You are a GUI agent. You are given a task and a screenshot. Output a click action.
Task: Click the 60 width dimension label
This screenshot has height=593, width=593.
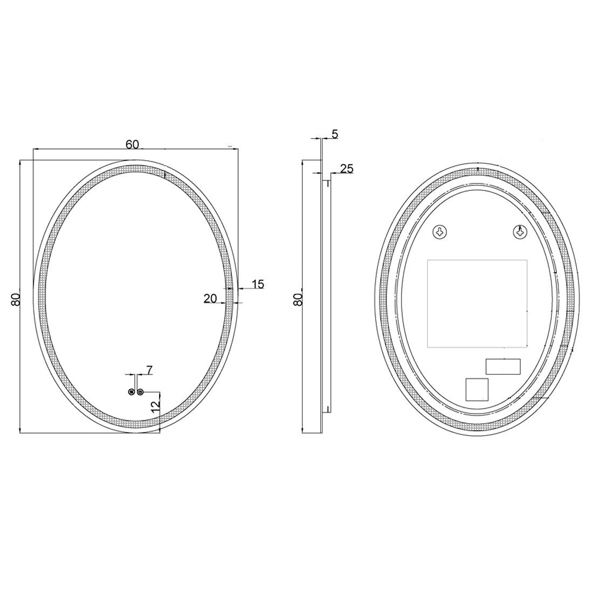pos(133,144)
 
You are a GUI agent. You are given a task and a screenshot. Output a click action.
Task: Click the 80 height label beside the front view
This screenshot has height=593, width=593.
pos(16,299)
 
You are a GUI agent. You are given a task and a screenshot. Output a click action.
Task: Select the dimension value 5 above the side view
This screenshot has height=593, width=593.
pos(335,134)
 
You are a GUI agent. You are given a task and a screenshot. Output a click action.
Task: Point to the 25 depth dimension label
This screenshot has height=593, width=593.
pos(347,169)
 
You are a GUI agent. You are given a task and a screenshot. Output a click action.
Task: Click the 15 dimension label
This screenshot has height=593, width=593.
pos(258,284)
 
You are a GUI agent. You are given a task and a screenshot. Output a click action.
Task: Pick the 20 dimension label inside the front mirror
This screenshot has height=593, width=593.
pos(210,299)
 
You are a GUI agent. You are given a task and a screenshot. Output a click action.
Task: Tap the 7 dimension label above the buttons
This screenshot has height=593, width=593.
pos(149,370)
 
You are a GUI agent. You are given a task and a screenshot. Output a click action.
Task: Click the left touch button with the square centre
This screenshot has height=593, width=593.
pos(131,392)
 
